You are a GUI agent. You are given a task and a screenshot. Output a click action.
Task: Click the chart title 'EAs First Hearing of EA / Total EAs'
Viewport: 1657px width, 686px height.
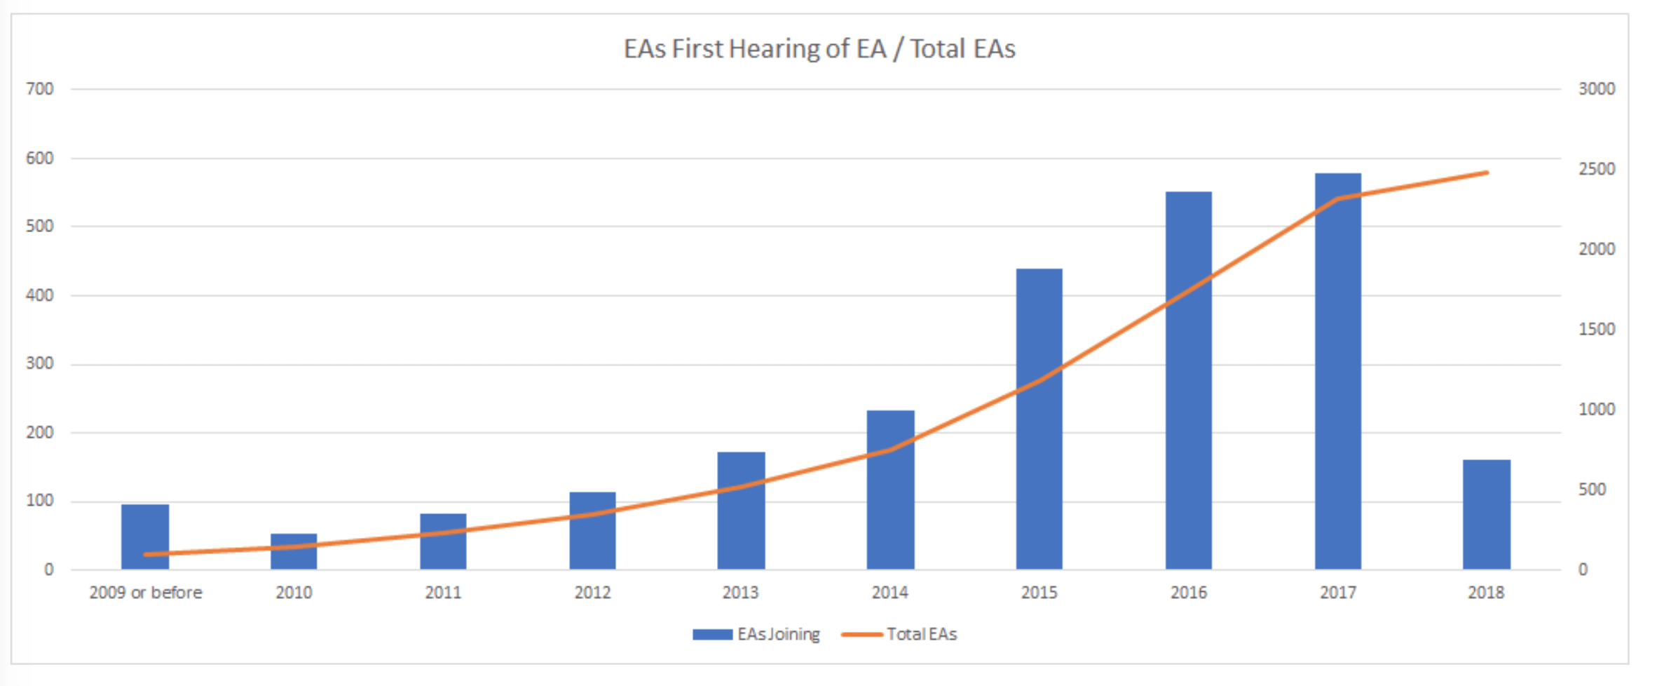pyautogui.click(x=819, y=49)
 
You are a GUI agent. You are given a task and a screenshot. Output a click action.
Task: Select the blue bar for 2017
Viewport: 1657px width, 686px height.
pyautogui.click(x=1337, y=372)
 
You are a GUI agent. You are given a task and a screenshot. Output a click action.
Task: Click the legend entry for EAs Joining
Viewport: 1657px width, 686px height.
pyautogui.click(x=756, y=634)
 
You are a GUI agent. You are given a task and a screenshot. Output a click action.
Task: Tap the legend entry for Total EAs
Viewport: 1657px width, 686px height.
pyautogui.click(x=899, y=634)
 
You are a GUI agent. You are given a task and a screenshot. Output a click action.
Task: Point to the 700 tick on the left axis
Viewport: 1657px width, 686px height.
pyautogui.click(x=40, y=89)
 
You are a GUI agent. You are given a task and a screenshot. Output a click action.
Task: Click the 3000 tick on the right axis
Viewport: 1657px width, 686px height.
pyautogui.click(x=1596, y=89)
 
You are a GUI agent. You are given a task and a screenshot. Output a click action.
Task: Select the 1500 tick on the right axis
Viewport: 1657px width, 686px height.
pyautogui.click(x=1596, y=329)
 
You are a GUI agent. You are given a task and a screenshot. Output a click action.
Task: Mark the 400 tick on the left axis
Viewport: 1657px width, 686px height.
pyautogui.click(x=40, y=295)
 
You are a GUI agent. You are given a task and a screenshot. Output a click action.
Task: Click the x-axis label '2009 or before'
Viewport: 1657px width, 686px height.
pyautogui.click(x=145, y=593)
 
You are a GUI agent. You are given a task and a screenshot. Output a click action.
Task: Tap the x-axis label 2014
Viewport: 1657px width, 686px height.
pyautogui.click(x=889, y=593)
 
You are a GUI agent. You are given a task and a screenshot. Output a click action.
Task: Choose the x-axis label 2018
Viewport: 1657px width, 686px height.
pyautogui.click(x=1486, y=593)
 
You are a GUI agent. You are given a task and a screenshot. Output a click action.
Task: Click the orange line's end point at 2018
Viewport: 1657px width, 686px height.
pyautogui.click(x=1487, y=173)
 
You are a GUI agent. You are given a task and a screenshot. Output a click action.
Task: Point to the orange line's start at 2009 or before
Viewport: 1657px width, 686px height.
pyautogui.click(x=145, y=554)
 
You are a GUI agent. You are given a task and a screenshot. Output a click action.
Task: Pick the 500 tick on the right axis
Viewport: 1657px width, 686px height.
pyautogui.click(x=1592, y=490)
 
